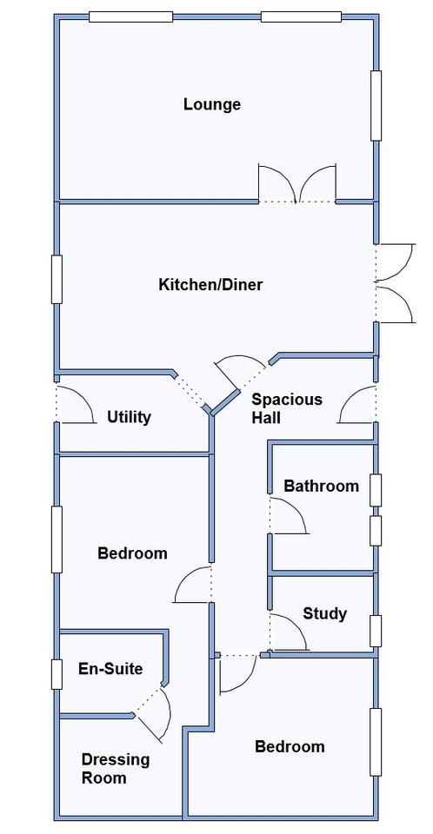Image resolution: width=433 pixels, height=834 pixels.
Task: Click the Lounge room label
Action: point(212,105)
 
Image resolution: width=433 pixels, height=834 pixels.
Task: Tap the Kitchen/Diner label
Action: point(210,285)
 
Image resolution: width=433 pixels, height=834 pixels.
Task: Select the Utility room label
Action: point(129,417)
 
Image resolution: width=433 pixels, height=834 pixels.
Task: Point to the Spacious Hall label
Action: point(287,408)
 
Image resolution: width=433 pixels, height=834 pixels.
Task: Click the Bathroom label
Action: point(321,486)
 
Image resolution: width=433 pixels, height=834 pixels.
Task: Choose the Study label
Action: point(325,614)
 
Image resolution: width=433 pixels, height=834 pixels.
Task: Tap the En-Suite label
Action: point(110,669)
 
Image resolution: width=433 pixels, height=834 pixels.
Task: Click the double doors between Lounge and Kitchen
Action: point(297,183)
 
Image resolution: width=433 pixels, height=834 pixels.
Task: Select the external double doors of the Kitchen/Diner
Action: point(396,283)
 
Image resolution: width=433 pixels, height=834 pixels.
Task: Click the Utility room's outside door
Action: point(76,404)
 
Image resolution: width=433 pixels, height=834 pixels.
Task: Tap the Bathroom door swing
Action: point(288,515)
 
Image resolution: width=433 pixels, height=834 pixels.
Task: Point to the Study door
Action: point(288,632)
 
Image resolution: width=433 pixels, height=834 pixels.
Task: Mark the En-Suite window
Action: point(57,674)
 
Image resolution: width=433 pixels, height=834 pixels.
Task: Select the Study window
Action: point(376,631)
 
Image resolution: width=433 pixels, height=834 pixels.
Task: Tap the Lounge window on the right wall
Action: point(376,106)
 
